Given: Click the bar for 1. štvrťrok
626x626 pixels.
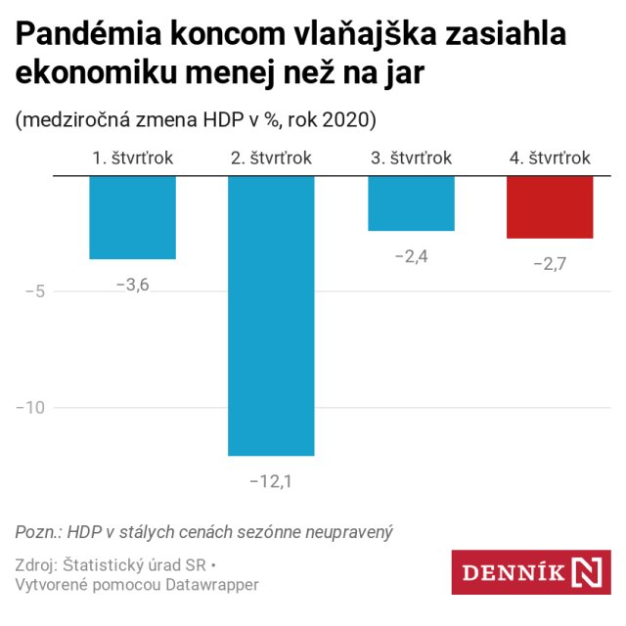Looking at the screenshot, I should [132, 217].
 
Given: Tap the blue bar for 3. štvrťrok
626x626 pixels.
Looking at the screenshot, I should [412, 203].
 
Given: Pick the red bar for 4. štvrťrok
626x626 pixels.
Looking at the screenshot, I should [551, 206].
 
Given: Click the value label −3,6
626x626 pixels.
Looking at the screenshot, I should [132, 286].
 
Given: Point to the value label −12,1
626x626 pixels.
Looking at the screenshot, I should [272, 481].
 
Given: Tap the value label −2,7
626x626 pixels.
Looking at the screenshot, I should [551, 264].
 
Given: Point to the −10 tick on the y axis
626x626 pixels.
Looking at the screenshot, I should [30, 408].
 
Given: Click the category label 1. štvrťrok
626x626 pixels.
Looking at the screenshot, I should [132, 157].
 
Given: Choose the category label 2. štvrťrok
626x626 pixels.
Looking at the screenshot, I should [272, 157].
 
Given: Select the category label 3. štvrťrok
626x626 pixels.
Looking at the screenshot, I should [412, 157].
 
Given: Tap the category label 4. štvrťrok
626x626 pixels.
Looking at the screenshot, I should [551, 157].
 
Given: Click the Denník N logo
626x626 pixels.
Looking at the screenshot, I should [530, 571].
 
